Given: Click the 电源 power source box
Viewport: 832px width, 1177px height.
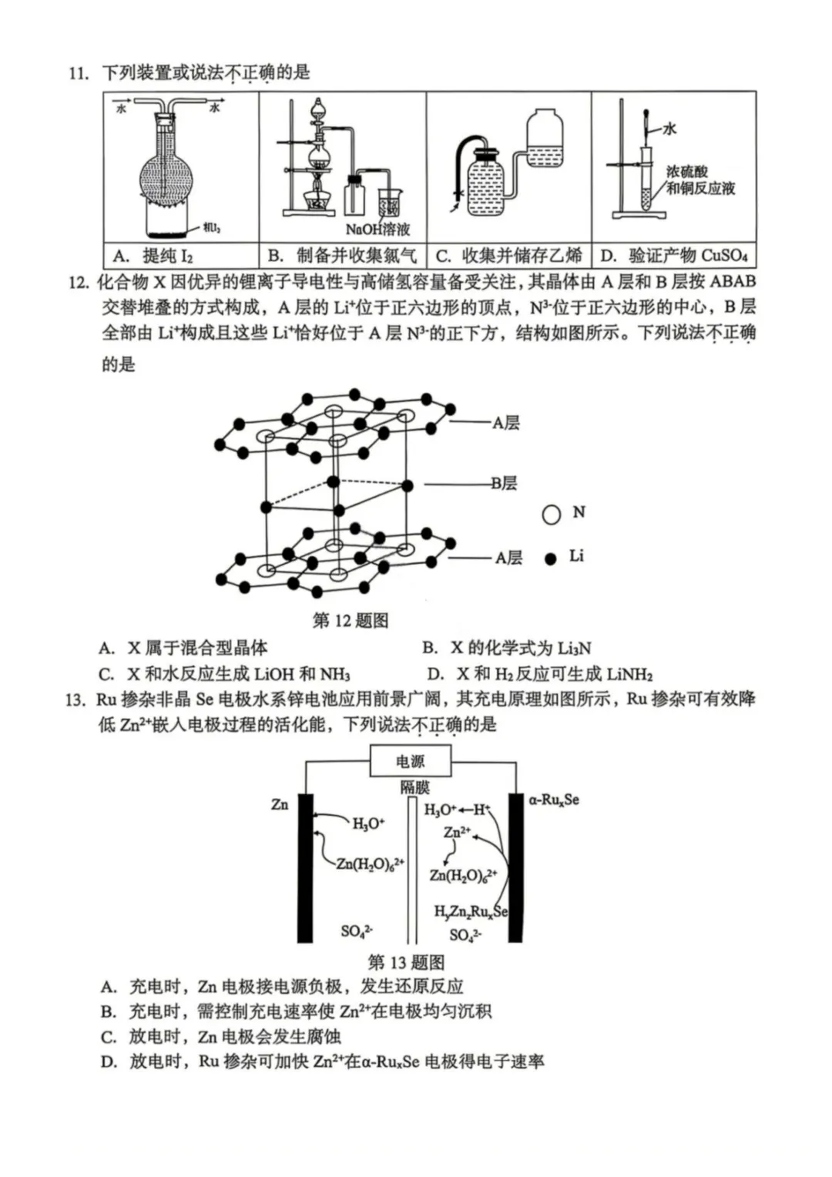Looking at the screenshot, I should point(410,762).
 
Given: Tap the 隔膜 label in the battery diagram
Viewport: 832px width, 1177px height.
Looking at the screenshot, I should point(414,787).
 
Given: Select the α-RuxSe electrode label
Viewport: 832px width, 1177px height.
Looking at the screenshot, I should point(554,800).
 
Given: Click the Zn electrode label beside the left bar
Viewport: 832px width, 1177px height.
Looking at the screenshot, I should point(280,804).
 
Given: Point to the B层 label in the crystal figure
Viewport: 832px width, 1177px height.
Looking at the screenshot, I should point(505,483).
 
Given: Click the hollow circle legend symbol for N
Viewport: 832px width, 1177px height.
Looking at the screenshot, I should point(551,514).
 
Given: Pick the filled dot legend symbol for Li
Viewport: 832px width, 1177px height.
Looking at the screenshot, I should point(550,558).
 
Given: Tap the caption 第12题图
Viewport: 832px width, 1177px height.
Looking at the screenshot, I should point(351,620).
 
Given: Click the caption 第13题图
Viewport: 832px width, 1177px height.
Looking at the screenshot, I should point(406,962).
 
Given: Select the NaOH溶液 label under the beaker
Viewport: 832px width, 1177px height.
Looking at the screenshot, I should point(377,229).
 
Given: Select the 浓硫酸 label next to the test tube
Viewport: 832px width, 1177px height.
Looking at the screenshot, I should point(686,172).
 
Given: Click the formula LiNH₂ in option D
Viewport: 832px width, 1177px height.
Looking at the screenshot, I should point(629,675).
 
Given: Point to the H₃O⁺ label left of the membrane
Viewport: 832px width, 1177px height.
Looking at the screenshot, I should point(367,823).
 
